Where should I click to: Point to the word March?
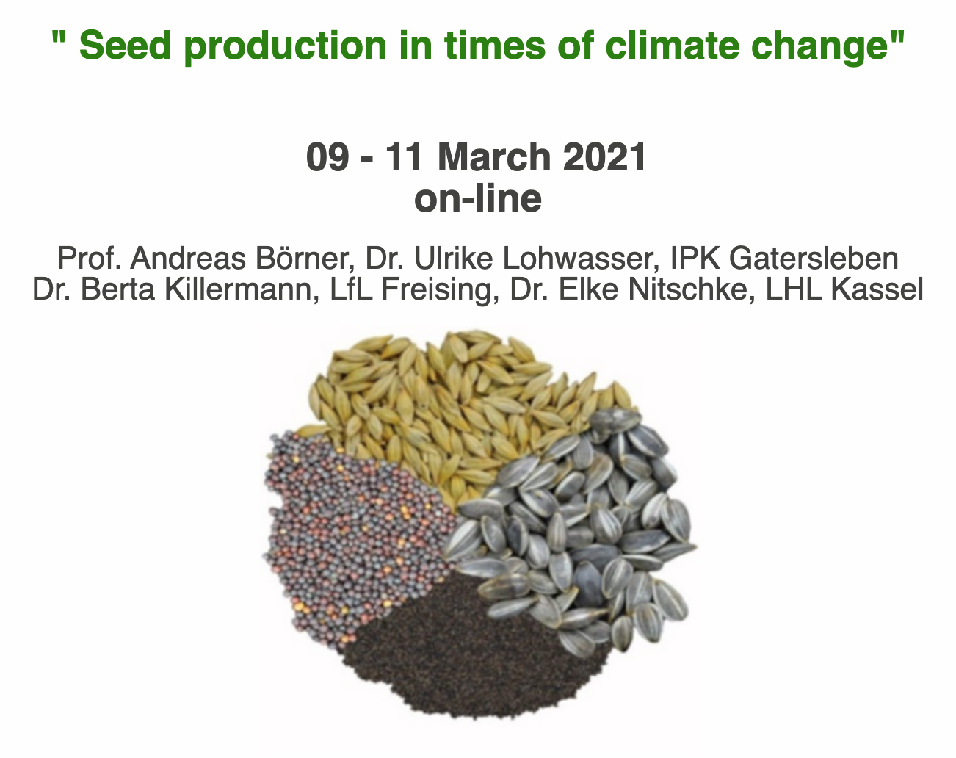tap(494, 157)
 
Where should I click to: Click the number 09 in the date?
tap(327, 157)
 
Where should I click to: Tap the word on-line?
tap(478, 198)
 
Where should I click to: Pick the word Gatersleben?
tap(814, 258)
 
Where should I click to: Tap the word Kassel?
tap(877, 289)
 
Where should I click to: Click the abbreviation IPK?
tap(695, 258)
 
